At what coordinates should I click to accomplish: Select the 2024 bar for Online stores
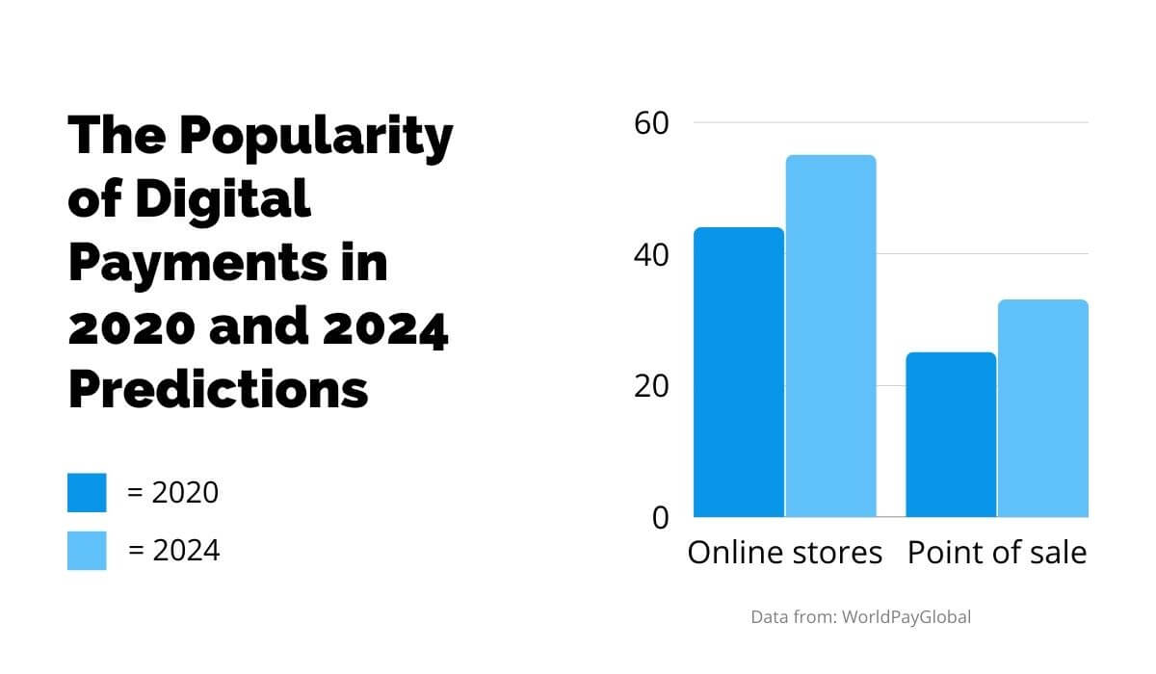tap(830, 336)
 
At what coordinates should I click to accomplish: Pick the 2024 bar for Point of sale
tap(1043, 408)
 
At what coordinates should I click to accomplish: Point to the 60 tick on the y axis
tap(651, 123)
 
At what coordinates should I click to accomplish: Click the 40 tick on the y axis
tap(651, 255)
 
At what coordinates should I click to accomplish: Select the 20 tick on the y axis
tap(651, 386)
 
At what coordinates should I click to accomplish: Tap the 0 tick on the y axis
tap(660, 518)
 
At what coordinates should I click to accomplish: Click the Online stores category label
tap(784, 553)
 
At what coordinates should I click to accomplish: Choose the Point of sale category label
tap(997, 553)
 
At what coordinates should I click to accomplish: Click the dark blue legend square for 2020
tap(87, 492)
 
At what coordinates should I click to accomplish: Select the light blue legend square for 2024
tap(87, 550)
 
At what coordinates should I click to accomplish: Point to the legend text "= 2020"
tap(173, 492)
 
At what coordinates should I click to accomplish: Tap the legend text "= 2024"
tap(174, 550)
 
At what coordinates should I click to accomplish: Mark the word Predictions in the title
tap(219, 389)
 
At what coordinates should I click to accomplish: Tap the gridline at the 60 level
tap(963, 123)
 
